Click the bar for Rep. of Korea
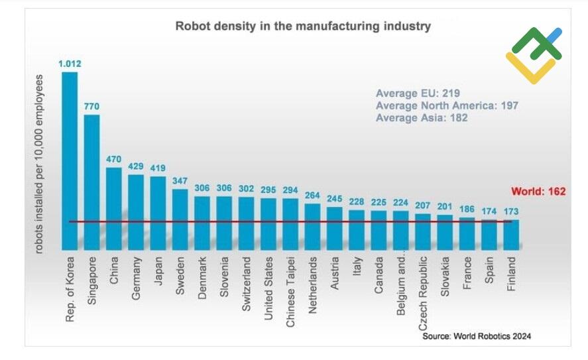[x=69, y=159]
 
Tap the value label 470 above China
[x=113, y=160]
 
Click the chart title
[x=302, y=27]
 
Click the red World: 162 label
[x=538, y=192]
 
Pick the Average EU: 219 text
[x=418, y=93]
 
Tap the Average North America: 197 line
[x=447, y=105]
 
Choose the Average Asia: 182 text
[x=422, y=117]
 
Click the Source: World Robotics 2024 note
[x=477, y=336]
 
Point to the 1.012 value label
[x=69, y=64]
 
